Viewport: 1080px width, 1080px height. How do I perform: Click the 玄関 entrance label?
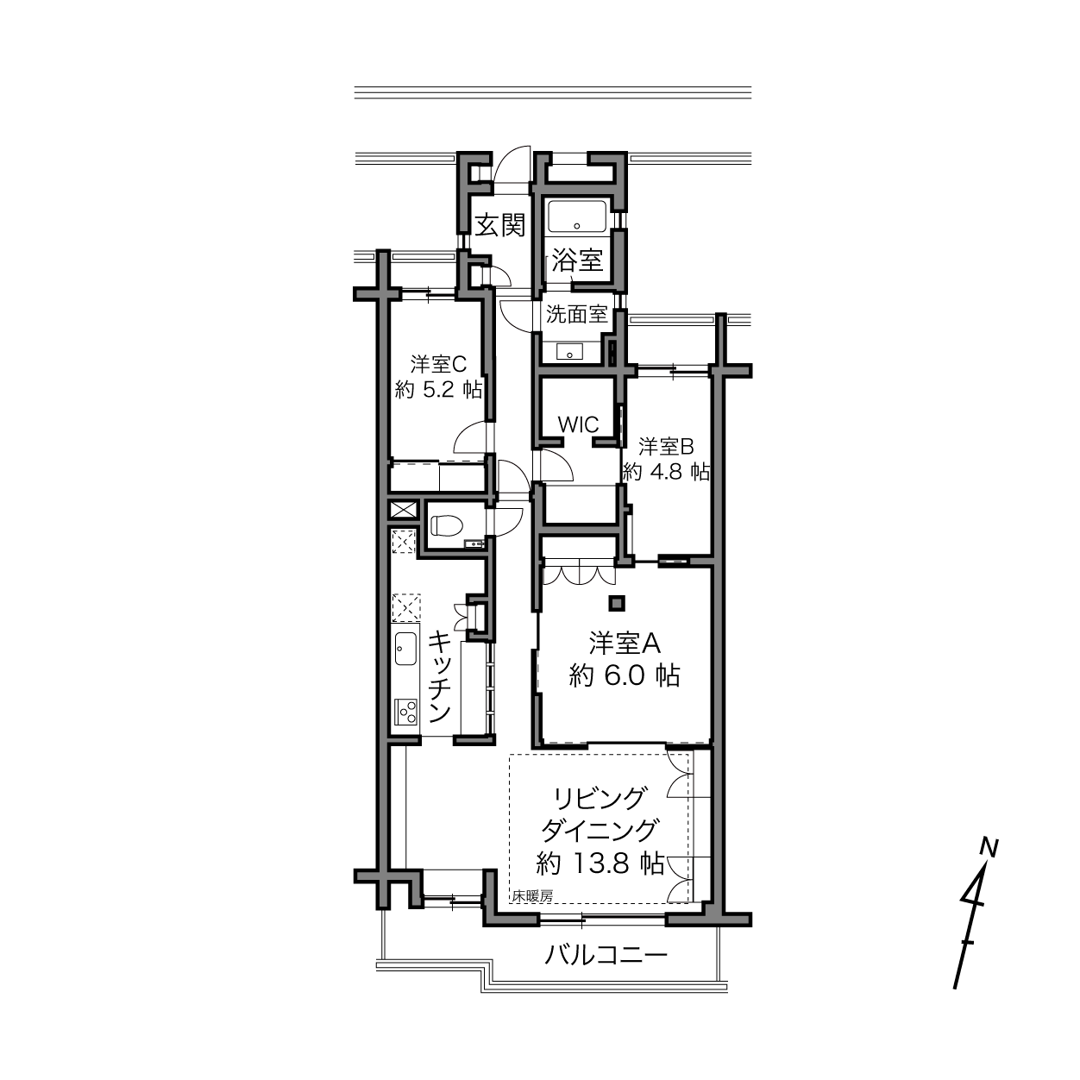(500, 225)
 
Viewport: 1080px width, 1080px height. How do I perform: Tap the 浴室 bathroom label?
(577, 260)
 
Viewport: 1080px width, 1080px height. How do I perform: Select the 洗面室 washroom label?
(577, 315)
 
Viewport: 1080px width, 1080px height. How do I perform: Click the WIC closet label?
(579, 424)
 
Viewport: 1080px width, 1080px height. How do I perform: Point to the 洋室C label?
(438, 365)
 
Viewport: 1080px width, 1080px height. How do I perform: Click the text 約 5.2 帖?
(438, 390)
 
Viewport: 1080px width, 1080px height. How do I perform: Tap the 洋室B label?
(667, 447)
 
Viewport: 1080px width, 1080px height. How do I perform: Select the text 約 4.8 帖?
(667, 472)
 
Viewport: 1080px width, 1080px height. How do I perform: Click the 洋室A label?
(625, 644)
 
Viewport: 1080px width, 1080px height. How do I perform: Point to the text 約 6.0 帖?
(625, 675)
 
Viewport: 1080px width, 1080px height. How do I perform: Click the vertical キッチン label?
(440, 677)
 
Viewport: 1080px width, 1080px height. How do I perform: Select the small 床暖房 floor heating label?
(532, 896)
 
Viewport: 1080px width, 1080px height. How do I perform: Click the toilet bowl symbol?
(447, 525)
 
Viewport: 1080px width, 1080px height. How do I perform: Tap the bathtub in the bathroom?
(577, 217)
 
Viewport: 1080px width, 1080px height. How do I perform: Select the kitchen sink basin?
(405, 649)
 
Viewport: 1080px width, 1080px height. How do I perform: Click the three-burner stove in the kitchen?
(405, 712)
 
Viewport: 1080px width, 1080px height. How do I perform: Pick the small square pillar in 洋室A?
(617, 602)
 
